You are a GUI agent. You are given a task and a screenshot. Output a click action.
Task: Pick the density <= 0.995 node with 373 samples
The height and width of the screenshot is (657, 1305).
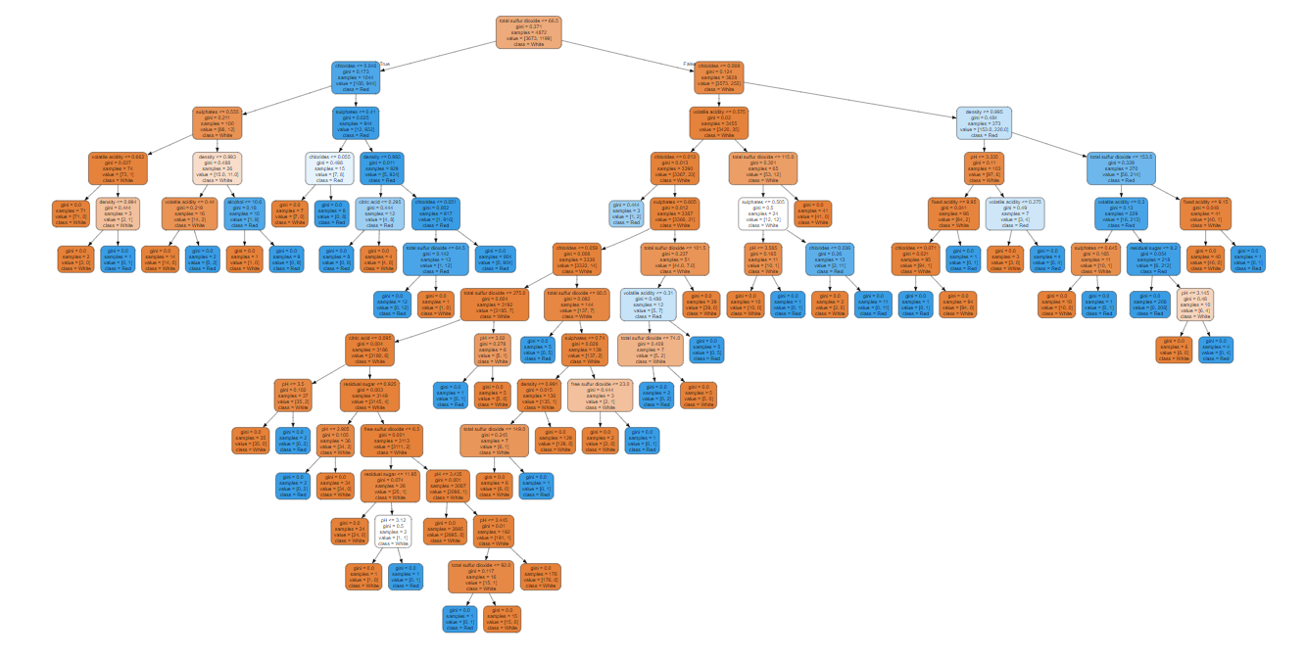click(x=984, y=123)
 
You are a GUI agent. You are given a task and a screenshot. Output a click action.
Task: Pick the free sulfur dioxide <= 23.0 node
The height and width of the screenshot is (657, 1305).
click(x=600, y=395)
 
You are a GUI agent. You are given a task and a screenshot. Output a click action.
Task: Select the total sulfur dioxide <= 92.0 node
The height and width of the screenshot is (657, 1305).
click(x=480, y=576)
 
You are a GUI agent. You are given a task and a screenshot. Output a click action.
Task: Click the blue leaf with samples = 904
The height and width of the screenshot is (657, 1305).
click(x=497, y=258)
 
